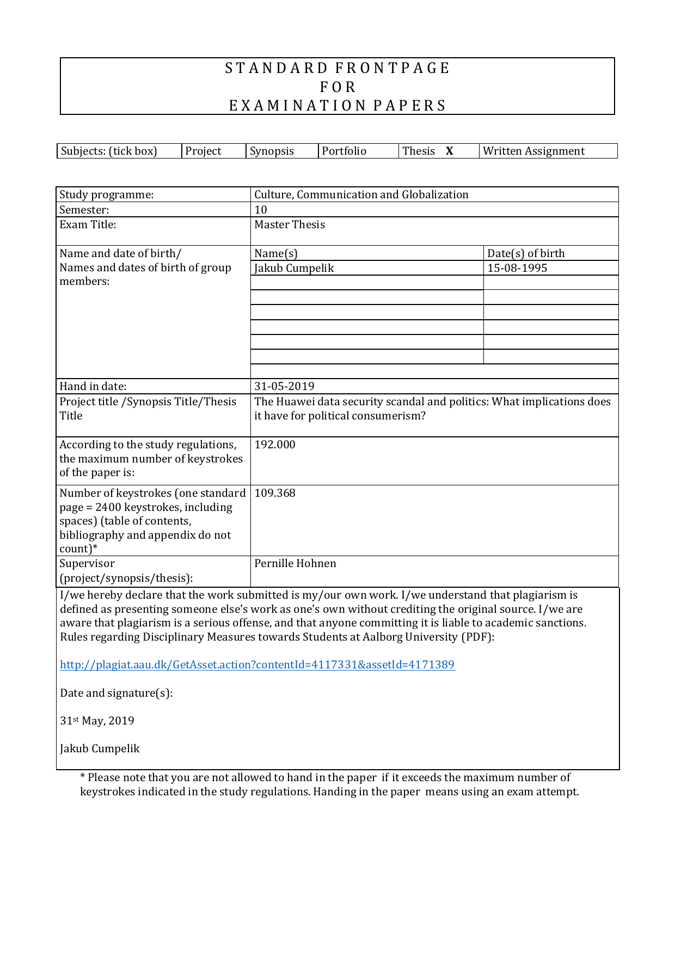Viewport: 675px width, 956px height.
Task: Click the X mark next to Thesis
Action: (450, 151)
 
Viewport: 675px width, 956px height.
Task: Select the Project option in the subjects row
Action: (203, 151)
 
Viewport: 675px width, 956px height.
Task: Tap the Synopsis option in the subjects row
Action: (272, 151)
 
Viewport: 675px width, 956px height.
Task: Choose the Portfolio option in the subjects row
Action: (344, 151)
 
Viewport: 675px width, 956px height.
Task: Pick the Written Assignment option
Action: (533, 151)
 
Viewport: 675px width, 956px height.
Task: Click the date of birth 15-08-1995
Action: (517, 268)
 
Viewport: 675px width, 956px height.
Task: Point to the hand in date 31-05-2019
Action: (284, 386)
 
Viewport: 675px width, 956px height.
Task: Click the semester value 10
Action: (261, 210)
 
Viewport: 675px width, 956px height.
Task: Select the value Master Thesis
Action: (290, 224)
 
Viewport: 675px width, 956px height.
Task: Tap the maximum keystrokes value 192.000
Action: (275, 444)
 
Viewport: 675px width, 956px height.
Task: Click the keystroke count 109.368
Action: (275, 493)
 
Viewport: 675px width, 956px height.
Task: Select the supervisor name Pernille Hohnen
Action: (295, 563)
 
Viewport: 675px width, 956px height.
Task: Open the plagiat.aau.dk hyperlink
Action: (257, 665)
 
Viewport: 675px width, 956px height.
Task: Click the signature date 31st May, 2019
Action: (97, 721)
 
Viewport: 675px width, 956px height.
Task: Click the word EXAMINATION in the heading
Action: (297, 106)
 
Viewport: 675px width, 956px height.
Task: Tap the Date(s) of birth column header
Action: (526, 253)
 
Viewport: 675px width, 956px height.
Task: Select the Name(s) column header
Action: (276, 253)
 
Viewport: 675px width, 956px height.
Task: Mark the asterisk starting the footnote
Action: (83, 777)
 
